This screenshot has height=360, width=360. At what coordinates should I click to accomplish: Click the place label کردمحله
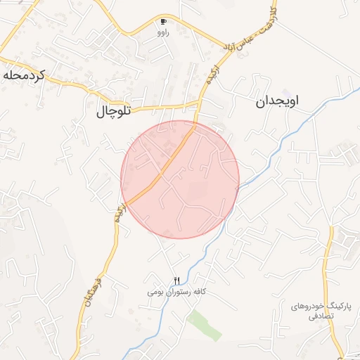coord(23,75)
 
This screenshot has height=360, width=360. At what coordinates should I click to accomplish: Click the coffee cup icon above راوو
coord(164,22)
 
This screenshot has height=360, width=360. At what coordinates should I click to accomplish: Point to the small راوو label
coord(164,32)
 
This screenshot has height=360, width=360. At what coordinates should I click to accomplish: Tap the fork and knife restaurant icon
coord(176,281)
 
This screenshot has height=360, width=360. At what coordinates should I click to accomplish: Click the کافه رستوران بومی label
coord(179,291)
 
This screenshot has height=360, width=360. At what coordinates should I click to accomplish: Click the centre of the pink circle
coord(180,179)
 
